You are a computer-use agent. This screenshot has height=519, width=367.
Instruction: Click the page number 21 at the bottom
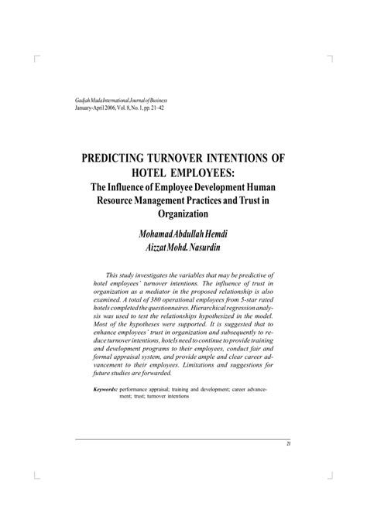tap(288, 444)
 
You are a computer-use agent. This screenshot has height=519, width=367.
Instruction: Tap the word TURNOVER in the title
tap(202, 158)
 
